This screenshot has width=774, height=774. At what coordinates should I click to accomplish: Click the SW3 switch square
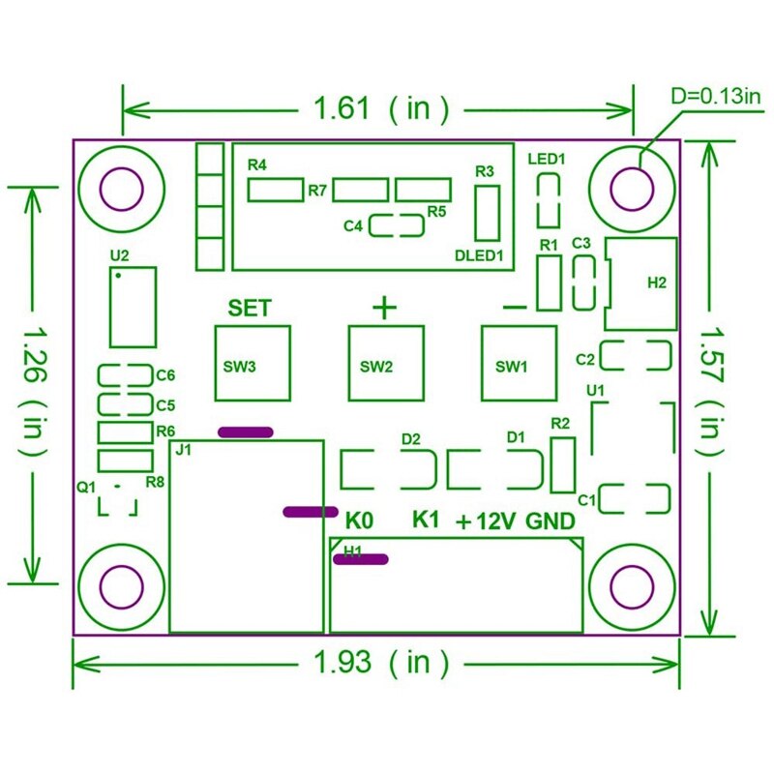pyautogui.click(x=253, y=363)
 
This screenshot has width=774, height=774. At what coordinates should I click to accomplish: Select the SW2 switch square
pyautogui.click(x=386, y=363)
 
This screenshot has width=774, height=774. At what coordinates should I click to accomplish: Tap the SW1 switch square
pyautogui.click(x=520, y=363)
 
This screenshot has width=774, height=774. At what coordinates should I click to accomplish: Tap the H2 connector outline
pyautogui.click(x=642, y=283)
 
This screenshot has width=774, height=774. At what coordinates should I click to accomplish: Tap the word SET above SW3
pyautogui.click(x=250, y=309)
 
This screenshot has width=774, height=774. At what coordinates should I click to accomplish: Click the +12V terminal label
pyautogui.click(x=487, y=521)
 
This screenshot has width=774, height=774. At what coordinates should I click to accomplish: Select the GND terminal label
pyautogui.click(x=551, y=521)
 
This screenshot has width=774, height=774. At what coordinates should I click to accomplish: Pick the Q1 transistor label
pyautogui.click(x=87, y=488)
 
